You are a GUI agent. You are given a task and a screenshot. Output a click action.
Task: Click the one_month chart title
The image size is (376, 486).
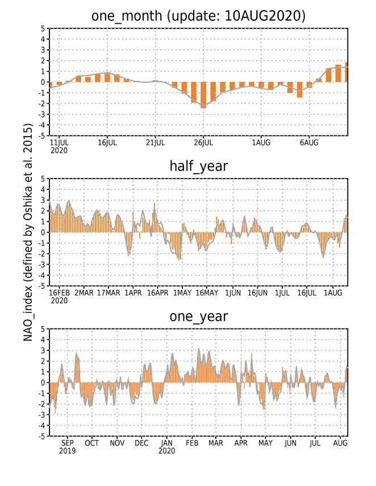pyautogui.click(x=198, y=16)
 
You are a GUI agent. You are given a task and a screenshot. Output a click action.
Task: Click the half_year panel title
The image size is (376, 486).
pyautogui.click(x=198, y=166)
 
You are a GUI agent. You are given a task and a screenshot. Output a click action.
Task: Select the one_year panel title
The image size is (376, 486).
pyautogui.click(x=198, y=316)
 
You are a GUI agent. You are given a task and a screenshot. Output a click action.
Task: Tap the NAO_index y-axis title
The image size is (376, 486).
pyautogui.click(x=28, y=233)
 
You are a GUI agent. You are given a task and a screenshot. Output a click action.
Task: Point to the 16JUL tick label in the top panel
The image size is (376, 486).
pyautogui.click(x=107, y=143)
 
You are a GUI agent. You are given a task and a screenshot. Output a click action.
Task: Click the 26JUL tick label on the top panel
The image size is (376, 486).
pyautogui.click(x=203, y=143)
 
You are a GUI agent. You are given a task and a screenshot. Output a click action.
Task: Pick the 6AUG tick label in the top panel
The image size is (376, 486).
pyautogui.click(x=309, y=143)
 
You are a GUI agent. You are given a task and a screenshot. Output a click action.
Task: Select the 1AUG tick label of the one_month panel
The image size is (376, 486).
pyautogui.click(x=261, y=143)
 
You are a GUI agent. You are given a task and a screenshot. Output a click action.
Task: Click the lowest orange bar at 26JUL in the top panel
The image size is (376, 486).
pyautogui.click(x=204, y=95)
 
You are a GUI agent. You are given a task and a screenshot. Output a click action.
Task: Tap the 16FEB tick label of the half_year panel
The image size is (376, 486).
pyautogui.click(x=59, y=293)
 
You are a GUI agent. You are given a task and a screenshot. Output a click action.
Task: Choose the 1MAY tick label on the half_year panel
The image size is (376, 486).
pyautogui.click(x=182, y=293)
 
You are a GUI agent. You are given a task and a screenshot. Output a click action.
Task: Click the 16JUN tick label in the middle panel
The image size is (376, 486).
pyautogui.click(x=257, y=293)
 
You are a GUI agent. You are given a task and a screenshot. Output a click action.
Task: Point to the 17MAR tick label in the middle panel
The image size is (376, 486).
pyautogui.click(x=108, y=293)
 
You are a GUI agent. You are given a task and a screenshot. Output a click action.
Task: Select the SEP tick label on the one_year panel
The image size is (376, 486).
pyautogui.click(x=68, y=443)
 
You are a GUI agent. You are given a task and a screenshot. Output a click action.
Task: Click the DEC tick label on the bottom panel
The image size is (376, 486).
pyautogui.click(x=141, y=443)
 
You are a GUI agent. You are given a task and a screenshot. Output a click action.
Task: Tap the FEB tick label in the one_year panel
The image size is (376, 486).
pyautogui.click(x=192, y=443)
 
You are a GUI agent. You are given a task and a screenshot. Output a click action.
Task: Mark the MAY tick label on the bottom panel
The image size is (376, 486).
pyautogui.click(x=265, y=443)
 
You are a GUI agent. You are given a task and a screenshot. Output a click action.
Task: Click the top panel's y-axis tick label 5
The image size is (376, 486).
pyautogui.click(x=43, y=28)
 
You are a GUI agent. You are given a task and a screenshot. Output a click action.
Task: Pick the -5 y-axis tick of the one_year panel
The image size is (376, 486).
pyautogui.click(x=41, y=437)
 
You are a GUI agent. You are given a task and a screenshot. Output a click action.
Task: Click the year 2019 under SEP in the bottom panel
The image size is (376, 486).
pyautogui.click(x=68, y=451)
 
